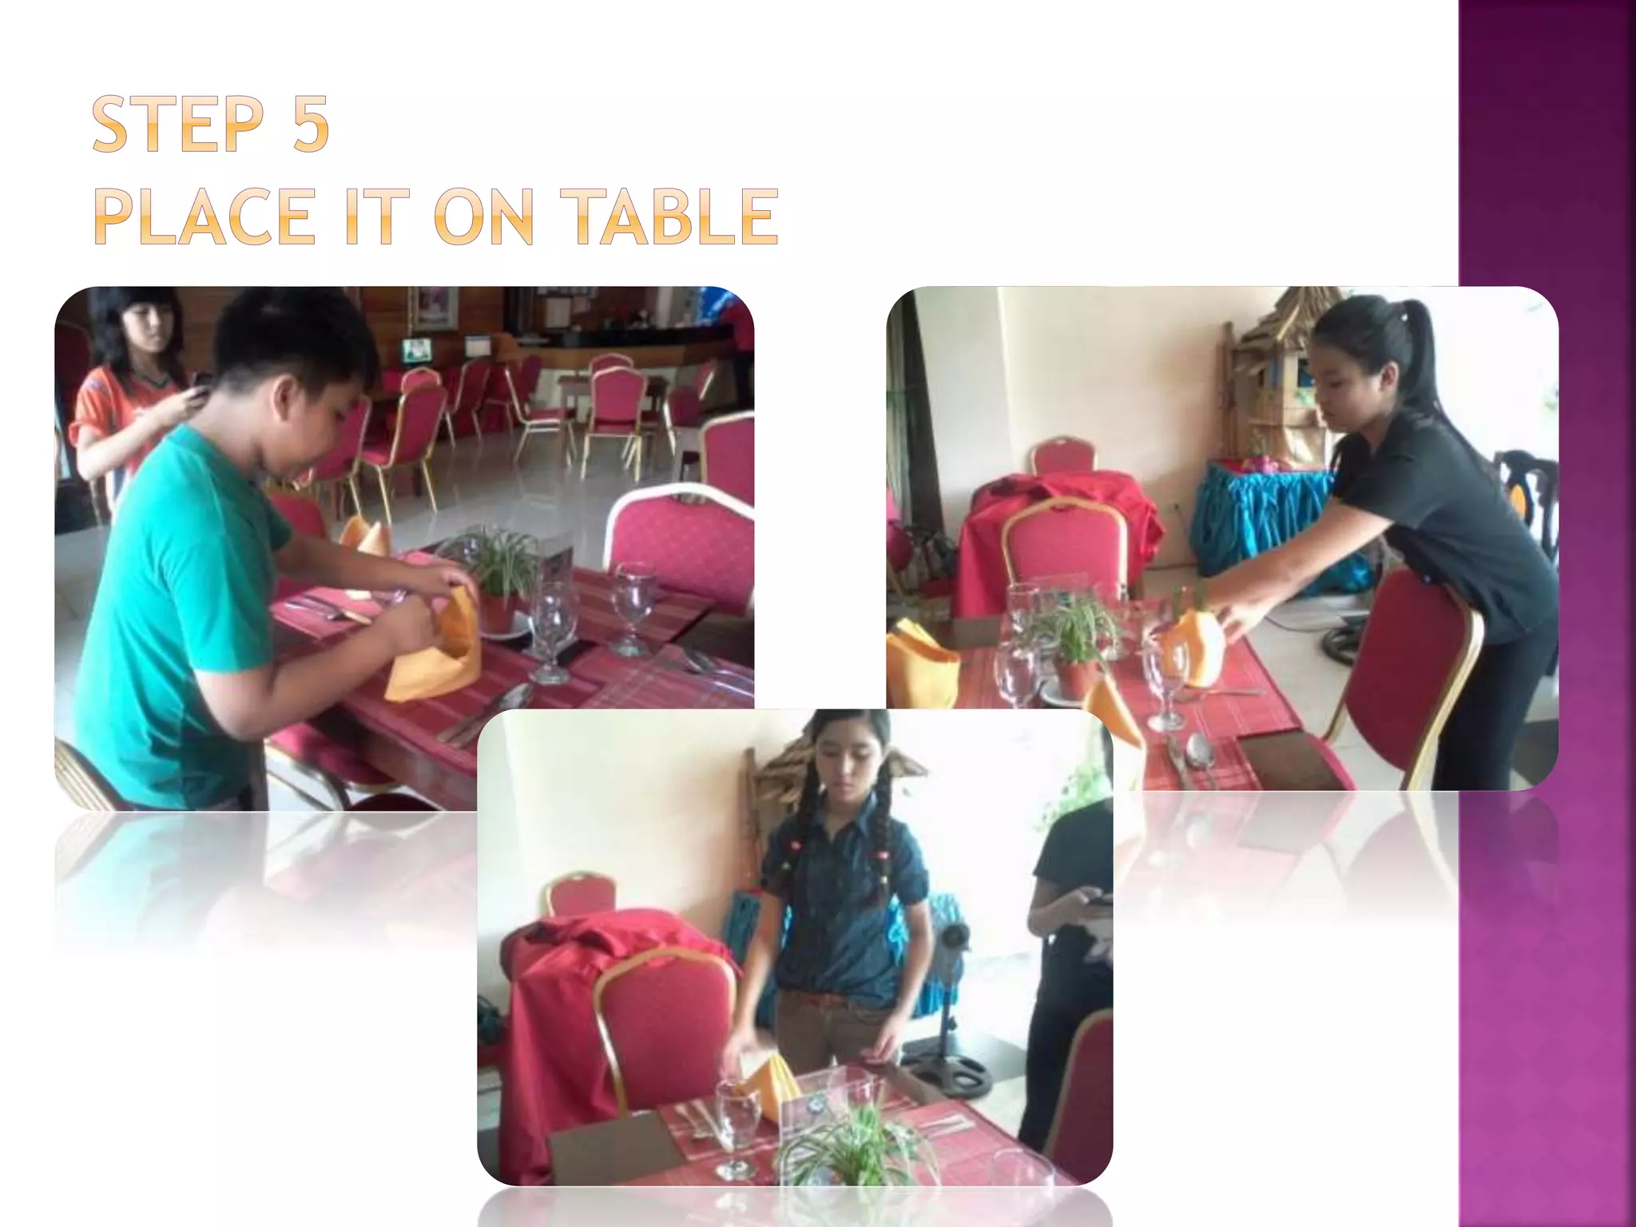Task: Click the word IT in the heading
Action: point(370,217)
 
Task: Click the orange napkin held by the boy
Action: point(435,647)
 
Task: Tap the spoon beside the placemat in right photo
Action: point(1198,755)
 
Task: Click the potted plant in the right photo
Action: point(1074,647)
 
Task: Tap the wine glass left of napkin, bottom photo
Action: point(737,1118)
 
